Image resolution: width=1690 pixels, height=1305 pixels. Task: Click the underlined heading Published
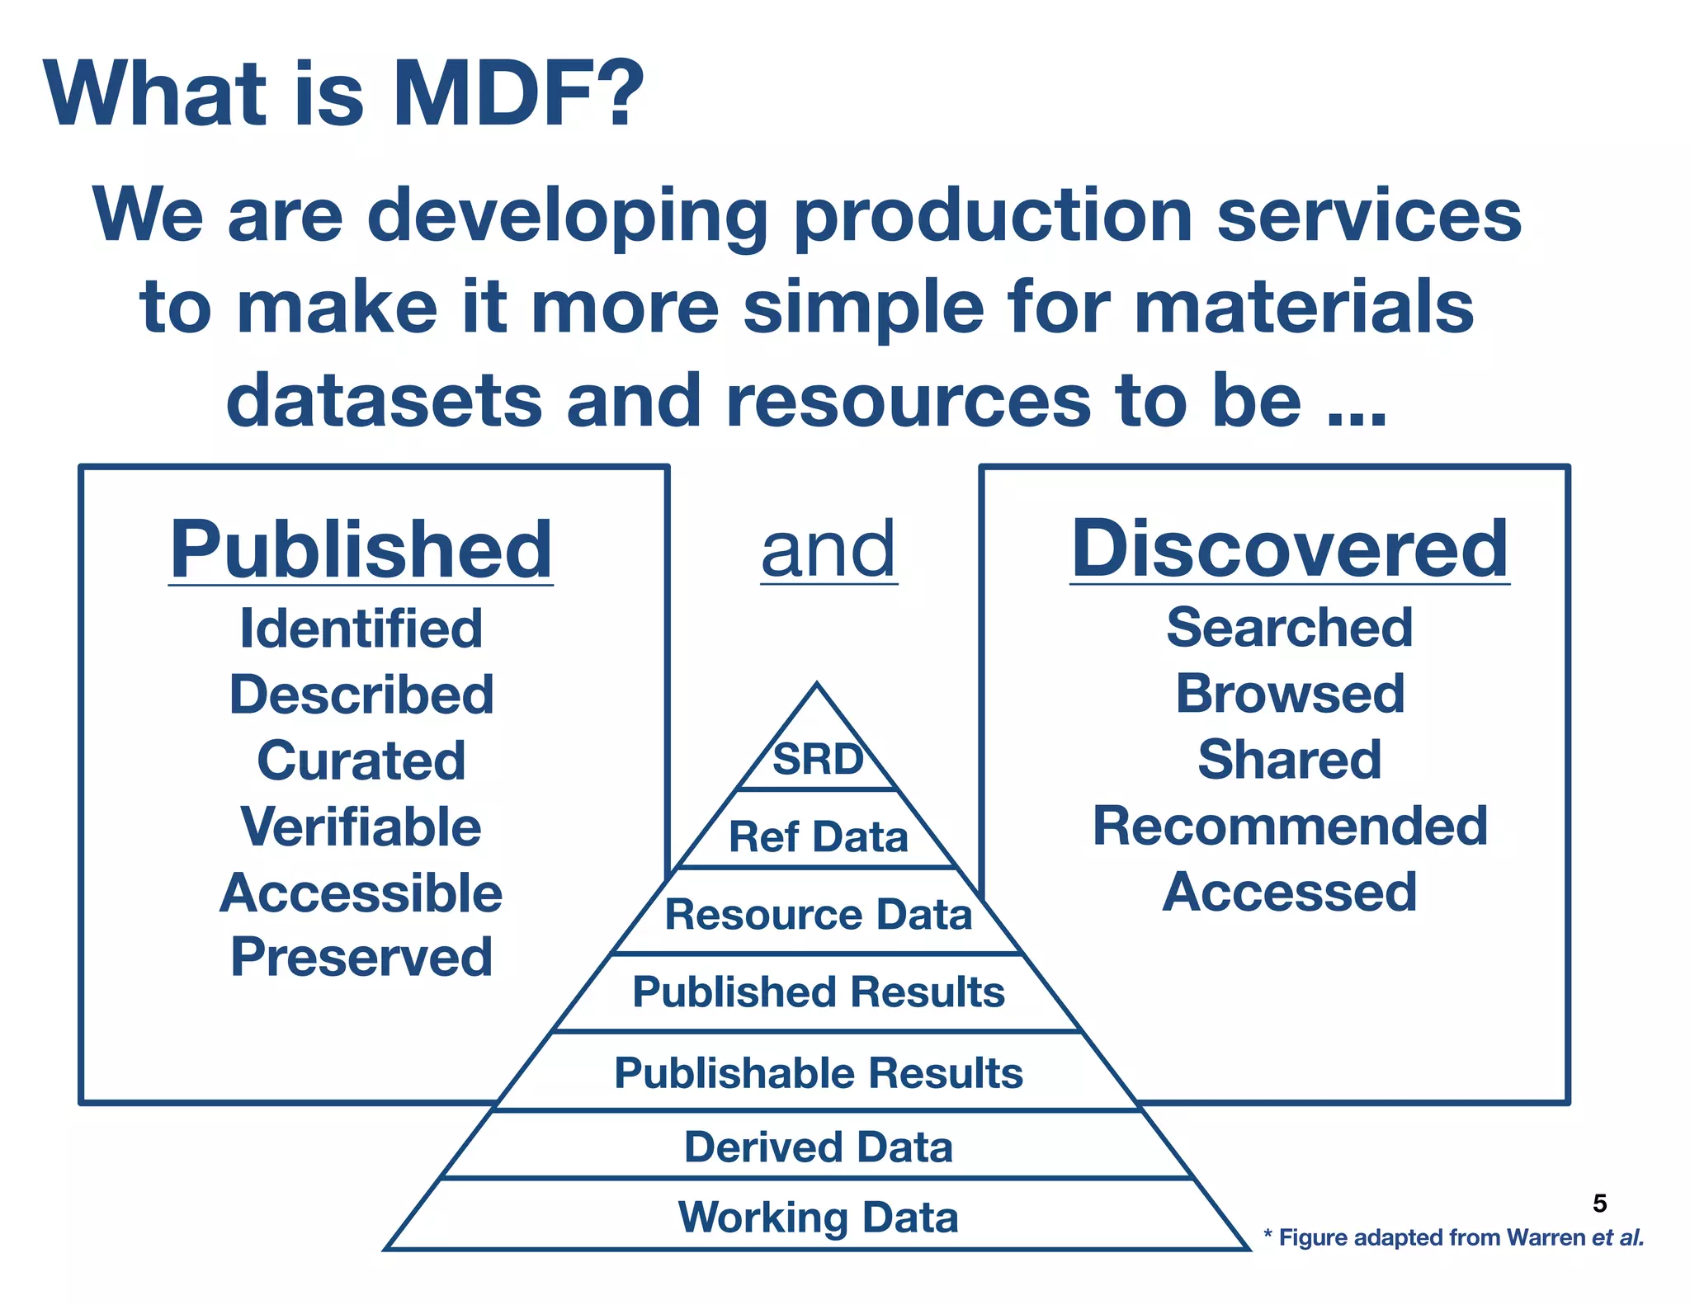pyautogui.click(x=361, y=550)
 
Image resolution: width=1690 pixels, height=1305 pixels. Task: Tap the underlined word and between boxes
pyautogui.click(x=828, y=550)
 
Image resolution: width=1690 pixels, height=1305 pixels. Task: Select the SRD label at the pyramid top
pyautogui.click(x=817, y=759)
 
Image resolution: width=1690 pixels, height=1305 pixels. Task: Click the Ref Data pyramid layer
pyautogui.click(x=818, y=836)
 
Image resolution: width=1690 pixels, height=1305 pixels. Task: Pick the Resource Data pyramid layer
pyautogui.click(x=818, y=914)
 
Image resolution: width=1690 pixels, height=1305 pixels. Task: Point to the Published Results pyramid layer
pyautogui.click(x=818, y=992)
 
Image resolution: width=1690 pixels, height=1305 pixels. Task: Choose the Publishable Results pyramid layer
pyautogui.click(x=818, y=1073)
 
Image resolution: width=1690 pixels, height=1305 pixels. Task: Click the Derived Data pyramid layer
pyautogui.click(x=818, y=1147)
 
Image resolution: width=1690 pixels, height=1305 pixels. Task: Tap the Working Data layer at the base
pyautogui.click(x=818, y=1218)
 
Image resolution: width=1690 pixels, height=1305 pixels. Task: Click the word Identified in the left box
pyautogui.click(x=361, y=629)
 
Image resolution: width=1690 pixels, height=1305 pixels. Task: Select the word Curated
pyautogui.click(x=361, y=761)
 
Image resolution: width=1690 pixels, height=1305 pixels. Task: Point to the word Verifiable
pyautogui.click(x=361, y=827)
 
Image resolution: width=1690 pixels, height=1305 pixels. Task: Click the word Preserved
pyautogui.click(x=361, y=958)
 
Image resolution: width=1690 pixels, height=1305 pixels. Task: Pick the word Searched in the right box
pyautogui.click(x=1289, y=628)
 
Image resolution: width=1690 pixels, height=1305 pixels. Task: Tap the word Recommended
pyautogui.click(x=1289, y=826)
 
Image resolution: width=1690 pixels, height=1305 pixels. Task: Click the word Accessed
pyautogui.click(x=1289, y=892)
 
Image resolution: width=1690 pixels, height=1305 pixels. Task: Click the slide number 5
pyautogui.click(x=1599, y=1204)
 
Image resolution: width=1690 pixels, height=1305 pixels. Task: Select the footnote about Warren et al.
pyautogui.click(x=1453, y=1237)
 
